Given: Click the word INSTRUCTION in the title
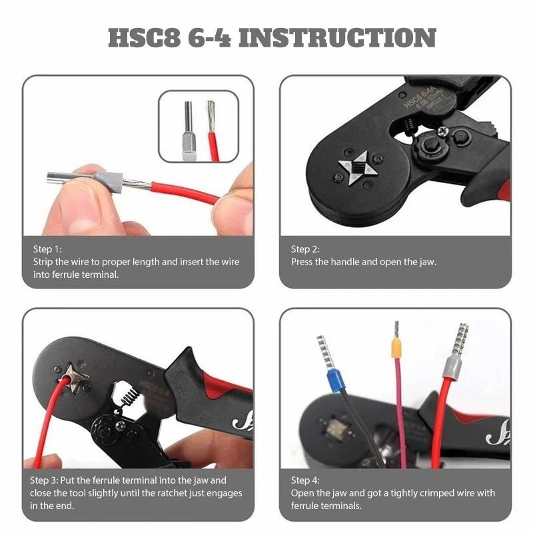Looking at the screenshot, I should tap(336, 38).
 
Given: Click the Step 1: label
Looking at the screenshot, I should tap(47, 249).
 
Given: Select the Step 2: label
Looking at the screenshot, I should tap(305, 249).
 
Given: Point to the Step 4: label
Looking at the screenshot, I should tap(305, 480).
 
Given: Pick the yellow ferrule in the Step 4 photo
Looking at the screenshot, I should tap(396, 346).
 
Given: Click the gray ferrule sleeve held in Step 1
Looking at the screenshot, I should tap(109, 180).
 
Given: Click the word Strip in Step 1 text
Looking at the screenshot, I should tap(44, 262).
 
